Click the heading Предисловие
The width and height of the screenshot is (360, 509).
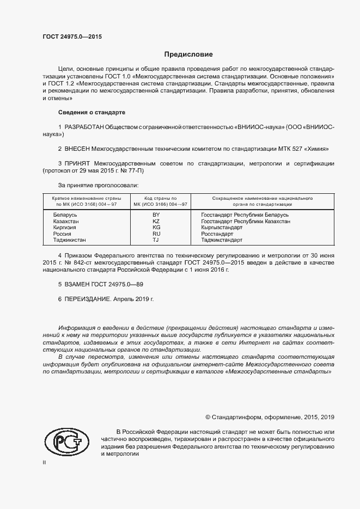pos(188,54)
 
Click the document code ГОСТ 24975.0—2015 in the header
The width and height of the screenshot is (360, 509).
pos(72,37)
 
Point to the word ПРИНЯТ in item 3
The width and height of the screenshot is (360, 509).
pos(78,163)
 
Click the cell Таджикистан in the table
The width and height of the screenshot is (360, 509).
pos(69,240)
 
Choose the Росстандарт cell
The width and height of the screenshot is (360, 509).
pos(232,234)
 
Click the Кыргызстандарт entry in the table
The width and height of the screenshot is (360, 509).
pos(237,228)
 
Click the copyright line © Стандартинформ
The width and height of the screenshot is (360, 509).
pos(270,417)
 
